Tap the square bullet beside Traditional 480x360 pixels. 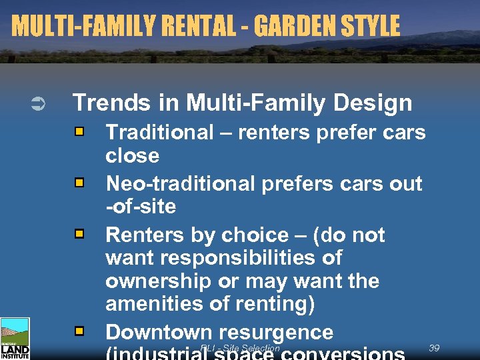79,133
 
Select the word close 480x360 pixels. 133,156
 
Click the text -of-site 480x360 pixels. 141,206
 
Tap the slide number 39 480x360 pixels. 434,348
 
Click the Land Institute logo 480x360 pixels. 15,339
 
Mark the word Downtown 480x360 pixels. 159,332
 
